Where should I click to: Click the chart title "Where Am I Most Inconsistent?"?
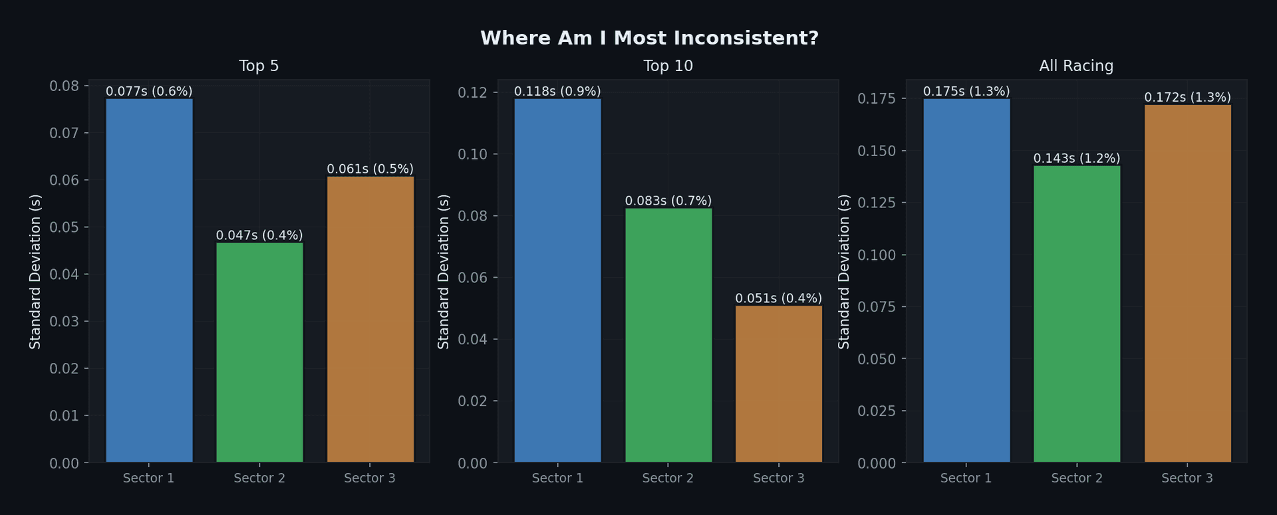[x=649, y=39]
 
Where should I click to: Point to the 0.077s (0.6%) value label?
[x=149, y=92]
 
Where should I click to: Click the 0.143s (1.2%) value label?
[x=1077, y=159]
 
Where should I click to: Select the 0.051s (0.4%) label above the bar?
[x=779, y=298]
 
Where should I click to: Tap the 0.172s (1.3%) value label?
[x=1187, y=98]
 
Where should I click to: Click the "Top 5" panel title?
[x=259, y=66]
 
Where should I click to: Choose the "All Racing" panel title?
[x=1076, y=66]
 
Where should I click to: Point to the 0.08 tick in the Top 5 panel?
[x=64, y=86]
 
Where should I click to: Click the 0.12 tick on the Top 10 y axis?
[x=472, y=92]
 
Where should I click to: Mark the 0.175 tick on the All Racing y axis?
[x=877, y=99]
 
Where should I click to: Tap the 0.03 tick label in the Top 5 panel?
[x=64, y=322]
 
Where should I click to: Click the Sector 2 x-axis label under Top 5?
[x=259, y=478]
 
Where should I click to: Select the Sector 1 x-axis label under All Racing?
[x=966, y=478]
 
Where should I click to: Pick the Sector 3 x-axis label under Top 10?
[x=779, y=478]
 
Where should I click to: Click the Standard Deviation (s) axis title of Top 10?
[x=444, y=271]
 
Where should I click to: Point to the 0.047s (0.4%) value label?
[x=259, y=235]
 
